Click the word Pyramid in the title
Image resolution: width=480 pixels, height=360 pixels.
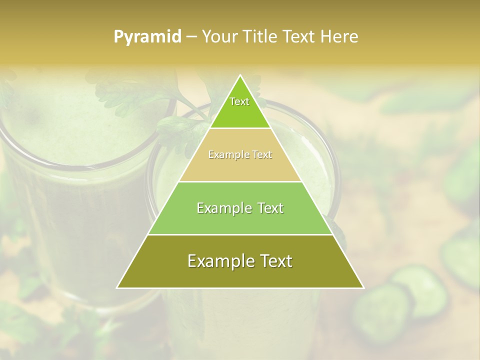click(147, 37)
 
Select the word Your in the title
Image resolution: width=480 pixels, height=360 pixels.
click(218, 37)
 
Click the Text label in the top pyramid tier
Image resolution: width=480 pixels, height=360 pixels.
click(239, 101)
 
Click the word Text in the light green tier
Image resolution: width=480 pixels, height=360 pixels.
click(270, 208)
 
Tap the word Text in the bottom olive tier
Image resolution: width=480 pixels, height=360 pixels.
click(275, 261)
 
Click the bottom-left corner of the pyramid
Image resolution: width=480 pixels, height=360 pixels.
click(117, 287)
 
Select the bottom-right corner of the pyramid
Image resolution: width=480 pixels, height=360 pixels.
click(363, 287)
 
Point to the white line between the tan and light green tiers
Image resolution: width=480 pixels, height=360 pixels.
click(240, 181)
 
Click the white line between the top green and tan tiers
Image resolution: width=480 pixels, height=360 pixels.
click(240, 128)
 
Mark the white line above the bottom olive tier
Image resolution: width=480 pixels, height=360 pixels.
click(240, 234)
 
